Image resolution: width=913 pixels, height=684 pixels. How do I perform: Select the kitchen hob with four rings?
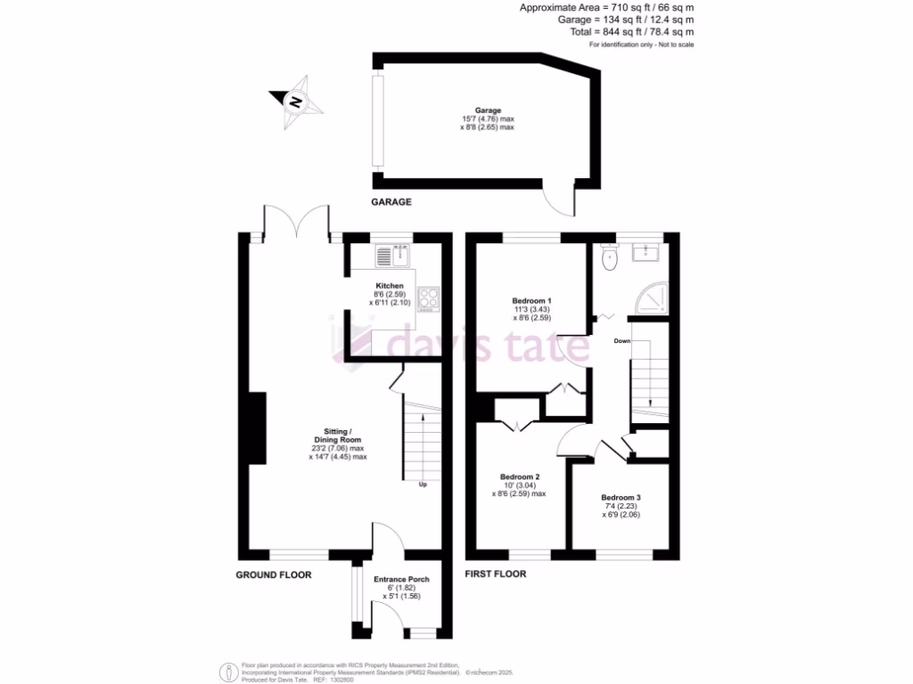[428, 297]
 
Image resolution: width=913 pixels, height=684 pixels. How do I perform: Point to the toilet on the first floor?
[611, 258]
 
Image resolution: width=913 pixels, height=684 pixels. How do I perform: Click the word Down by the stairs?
[623, 341]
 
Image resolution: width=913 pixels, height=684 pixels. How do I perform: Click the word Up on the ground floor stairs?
[423, 484]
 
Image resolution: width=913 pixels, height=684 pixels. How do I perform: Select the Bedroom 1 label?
[531, 300]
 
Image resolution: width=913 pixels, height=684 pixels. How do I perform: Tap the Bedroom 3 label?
[620, 498]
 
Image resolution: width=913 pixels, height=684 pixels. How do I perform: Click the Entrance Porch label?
[400, 579]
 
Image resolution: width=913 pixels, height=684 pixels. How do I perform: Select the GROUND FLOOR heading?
[274, 575]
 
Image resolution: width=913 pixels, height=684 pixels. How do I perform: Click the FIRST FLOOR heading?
[495, 574]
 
